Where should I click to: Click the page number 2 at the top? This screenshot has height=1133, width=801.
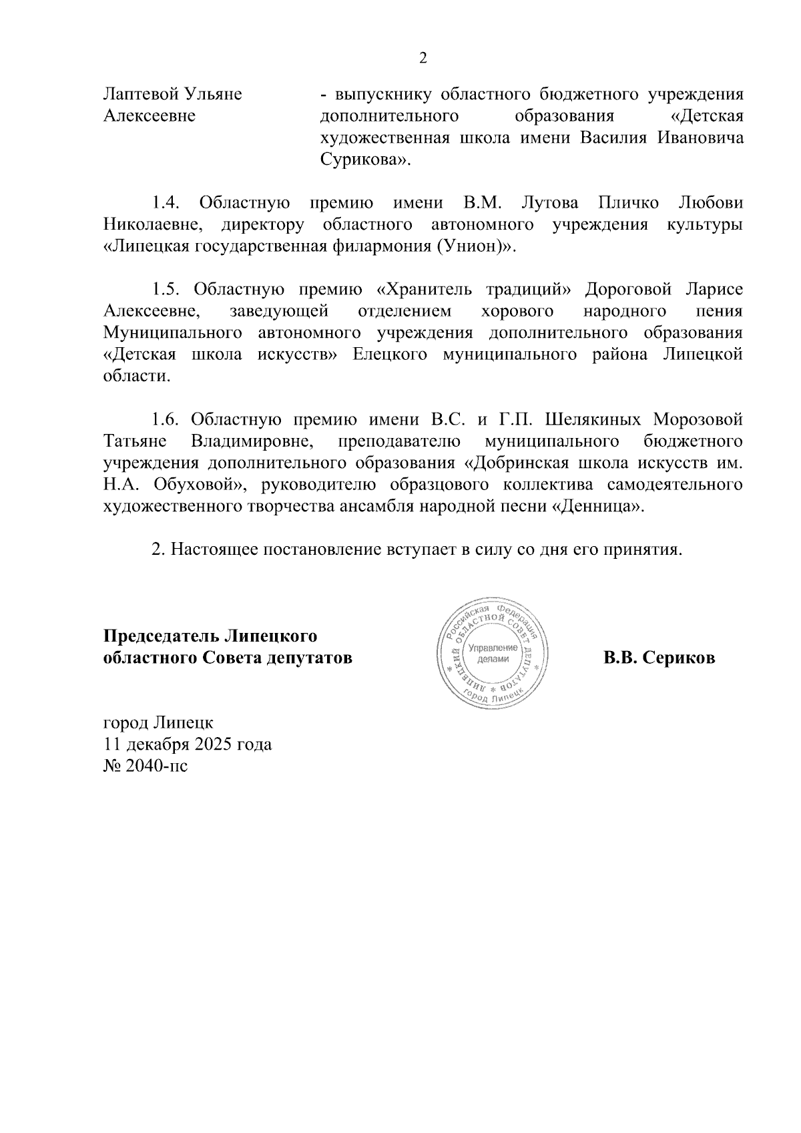(422, 59)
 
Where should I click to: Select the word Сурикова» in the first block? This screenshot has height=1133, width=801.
(364, 160)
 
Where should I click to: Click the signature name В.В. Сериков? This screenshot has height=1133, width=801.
(659, 658)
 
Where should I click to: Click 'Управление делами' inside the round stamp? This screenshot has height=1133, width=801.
(493, 654)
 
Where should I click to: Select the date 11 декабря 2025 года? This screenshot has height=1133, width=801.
(188, 744)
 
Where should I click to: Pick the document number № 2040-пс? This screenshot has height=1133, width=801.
(146, 766)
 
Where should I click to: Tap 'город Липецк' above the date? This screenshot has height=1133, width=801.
(159, 722)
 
